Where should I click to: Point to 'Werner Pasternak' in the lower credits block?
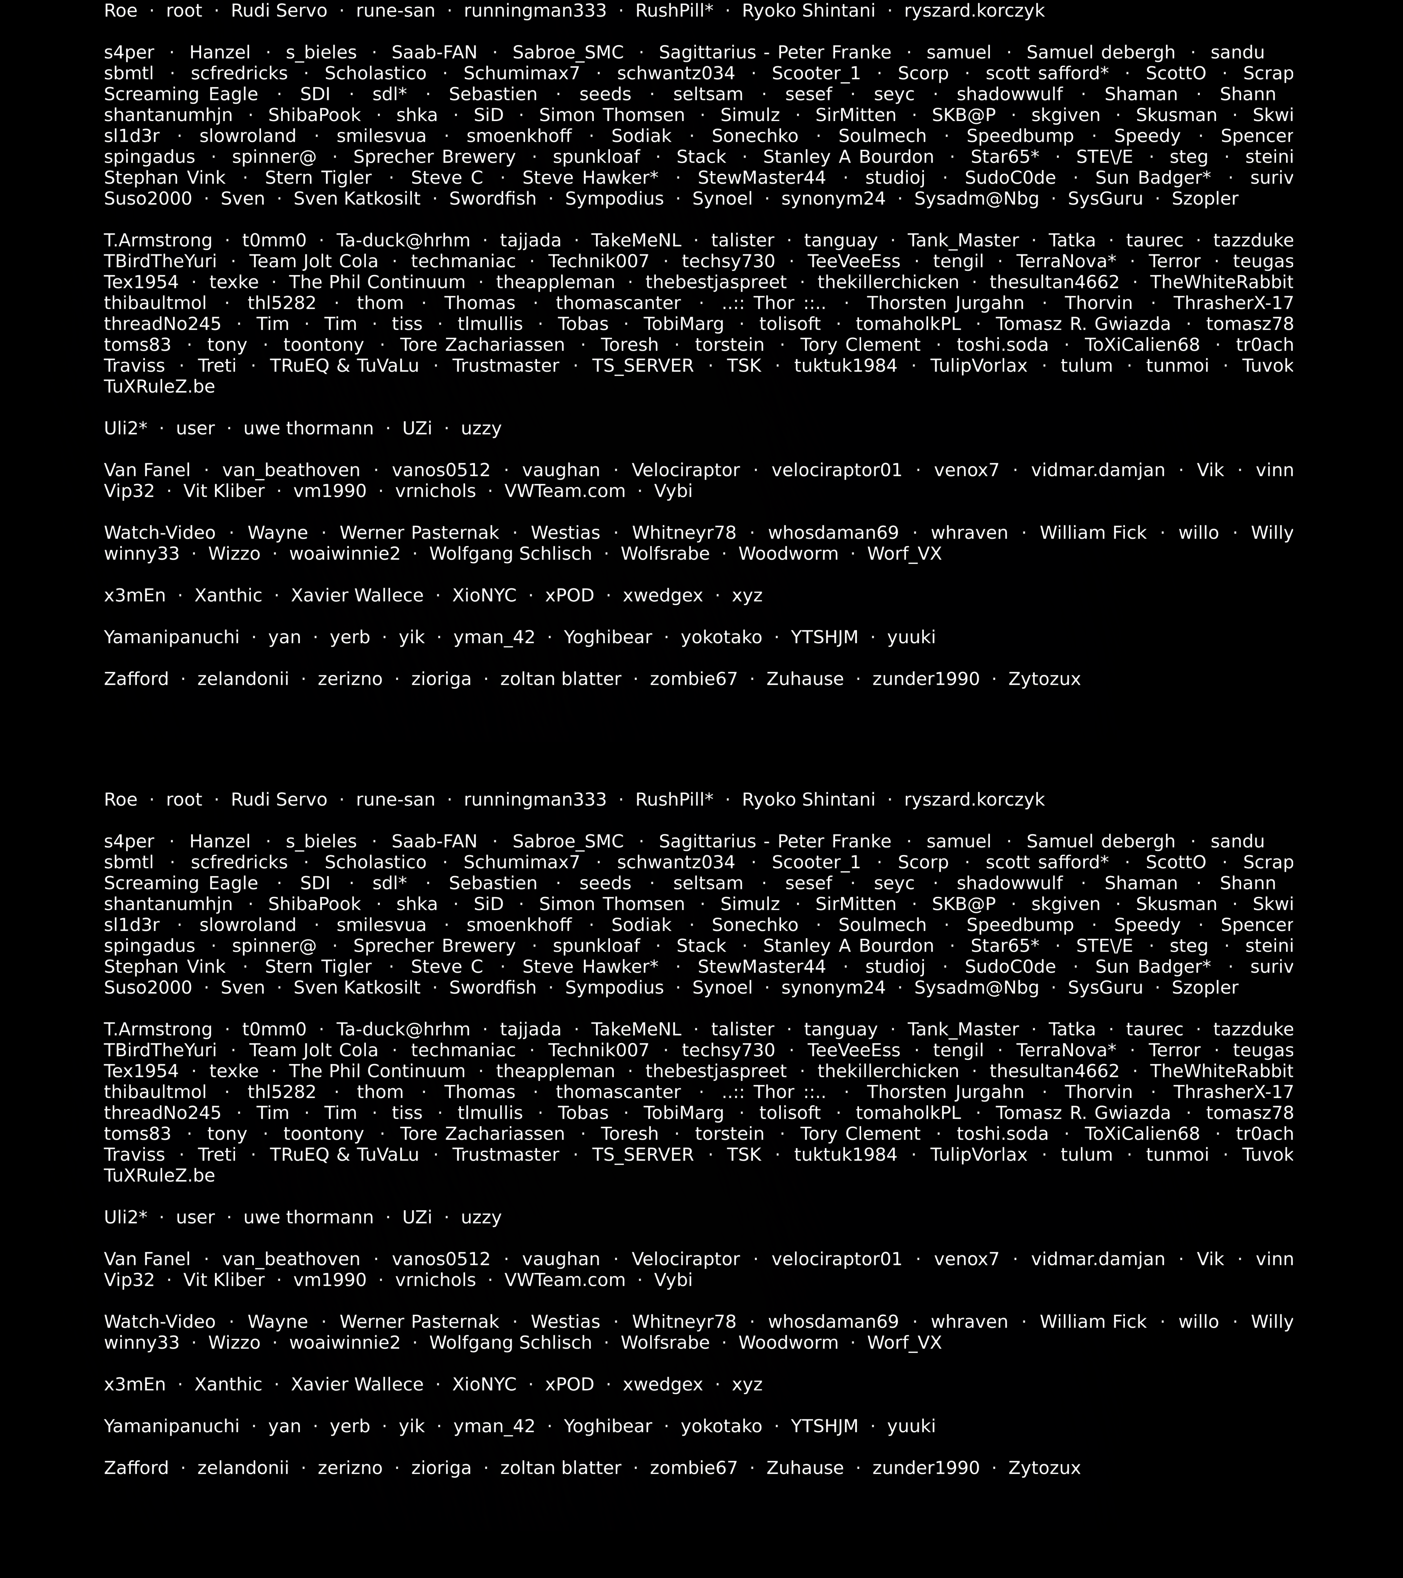click(x=419, y=1322)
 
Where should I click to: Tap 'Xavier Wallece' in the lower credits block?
click(x=357, y=1384)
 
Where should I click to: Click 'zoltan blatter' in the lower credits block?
click(x=560, y=1468)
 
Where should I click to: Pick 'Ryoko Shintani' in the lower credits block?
click(x=808, y=800)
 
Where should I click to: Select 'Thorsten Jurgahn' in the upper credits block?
click(x=945, y=303)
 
